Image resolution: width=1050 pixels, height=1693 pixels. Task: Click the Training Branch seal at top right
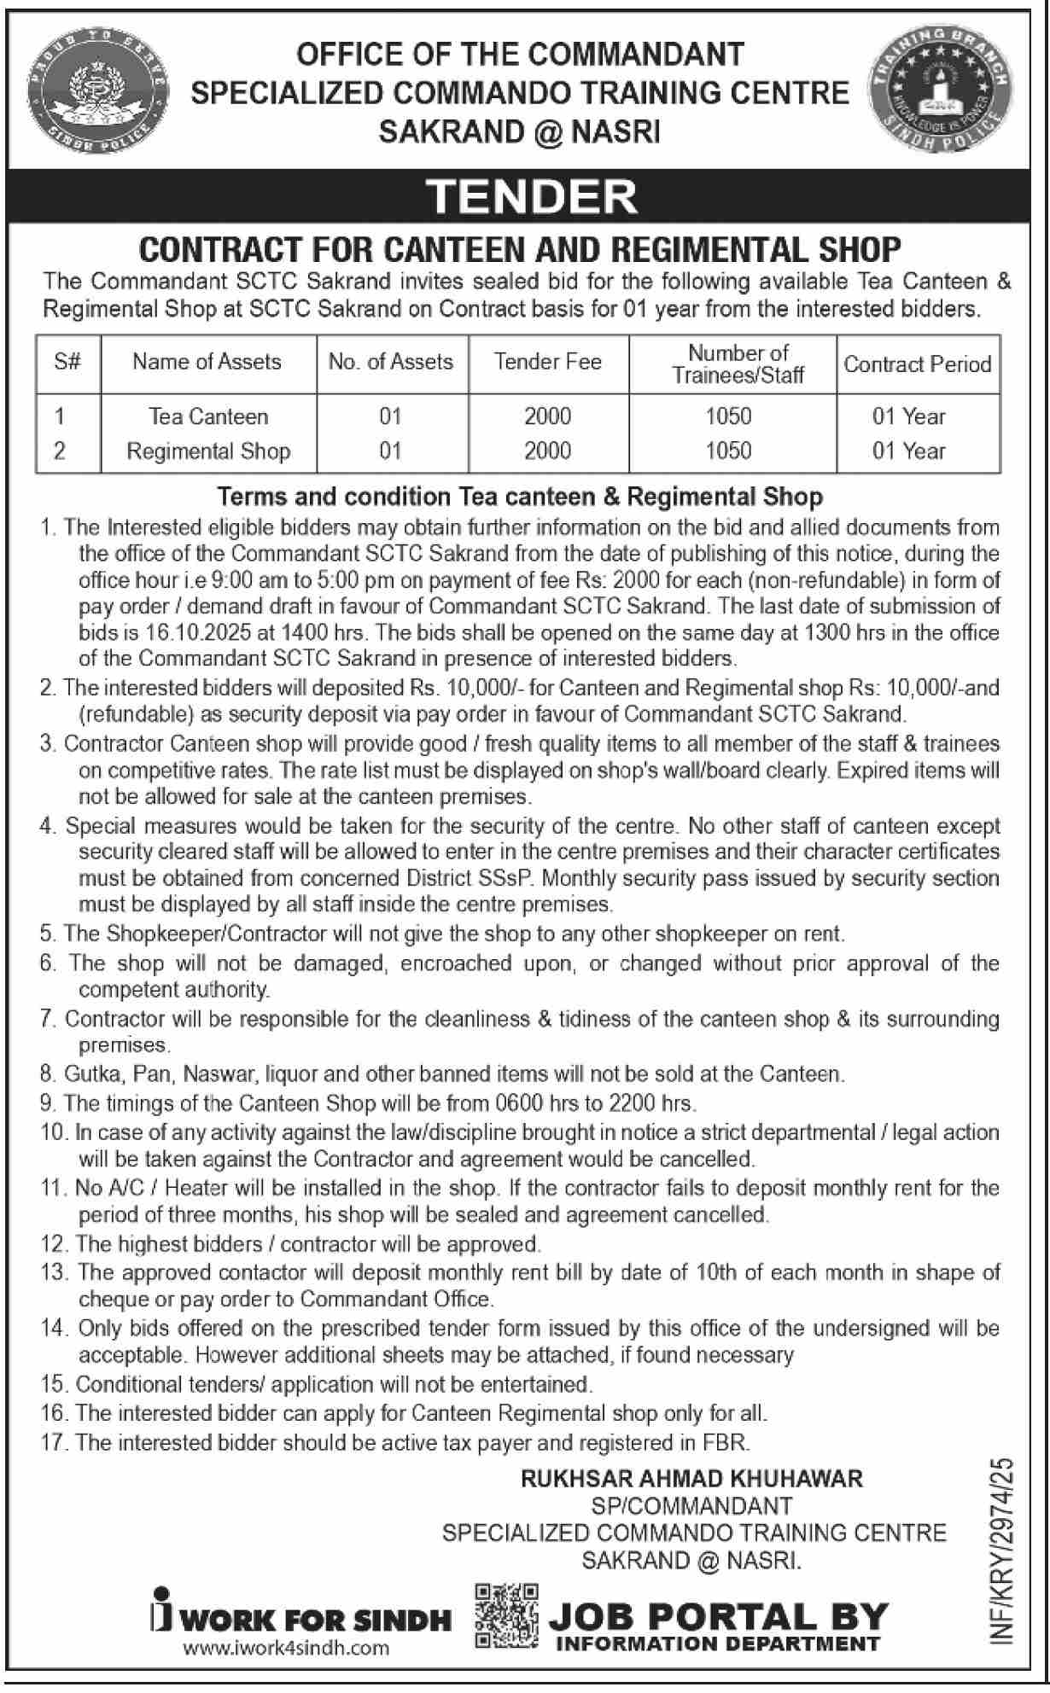(939, 93)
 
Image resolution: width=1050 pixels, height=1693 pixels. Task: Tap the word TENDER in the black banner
(534, 195)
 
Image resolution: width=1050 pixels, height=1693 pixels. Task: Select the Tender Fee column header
(547, 362)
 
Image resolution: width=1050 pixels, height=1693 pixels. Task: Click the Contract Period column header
(918, 364)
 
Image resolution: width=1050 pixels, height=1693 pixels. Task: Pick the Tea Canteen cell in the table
(208, 416)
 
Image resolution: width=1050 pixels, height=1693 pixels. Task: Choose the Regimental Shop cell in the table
(208, 451)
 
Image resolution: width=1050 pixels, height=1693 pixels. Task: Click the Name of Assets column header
(207, 362)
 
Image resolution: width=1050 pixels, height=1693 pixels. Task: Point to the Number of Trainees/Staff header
(738, 364)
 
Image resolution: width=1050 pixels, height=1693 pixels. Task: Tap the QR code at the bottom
(505, 1615)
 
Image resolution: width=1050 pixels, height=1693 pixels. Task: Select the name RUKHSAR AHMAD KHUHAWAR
(692, 1478)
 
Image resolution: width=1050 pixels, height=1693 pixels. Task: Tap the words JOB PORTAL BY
(718, 1617)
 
